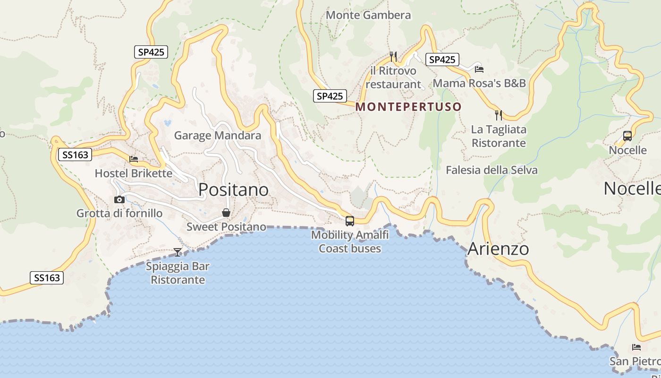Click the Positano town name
[233, 189]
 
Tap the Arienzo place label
[498, 249]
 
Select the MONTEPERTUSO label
[408, 107]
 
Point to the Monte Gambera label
[368, 15]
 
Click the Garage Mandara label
[217, 136]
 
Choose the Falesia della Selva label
[492, 170]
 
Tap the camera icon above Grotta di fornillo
[119, 199]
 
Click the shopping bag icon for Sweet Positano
[226, 213]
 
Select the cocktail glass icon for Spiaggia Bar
[178, 252]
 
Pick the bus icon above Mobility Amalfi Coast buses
[350, 221]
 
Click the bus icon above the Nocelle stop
[627, 136]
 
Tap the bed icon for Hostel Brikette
[134, 159]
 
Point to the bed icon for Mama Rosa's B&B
[479, 69]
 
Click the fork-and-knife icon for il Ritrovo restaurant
[393, 56]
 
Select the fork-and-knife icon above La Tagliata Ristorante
[499, 115]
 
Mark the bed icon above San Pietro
[636, 347]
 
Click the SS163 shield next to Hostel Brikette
[75, 155]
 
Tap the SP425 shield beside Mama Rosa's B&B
[442, 60]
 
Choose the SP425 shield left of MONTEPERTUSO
[330, 96]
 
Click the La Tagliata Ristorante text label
[499, 136]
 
